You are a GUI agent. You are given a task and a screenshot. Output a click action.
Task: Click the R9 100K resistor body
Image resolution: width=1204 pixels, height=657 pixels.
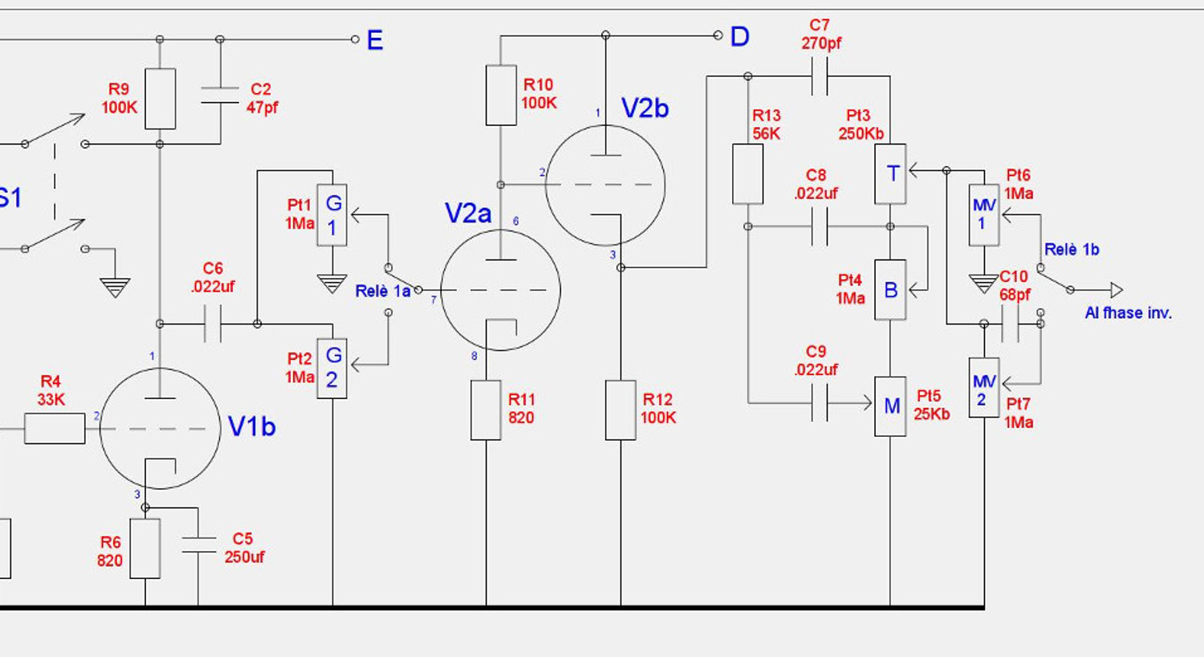(161, 99)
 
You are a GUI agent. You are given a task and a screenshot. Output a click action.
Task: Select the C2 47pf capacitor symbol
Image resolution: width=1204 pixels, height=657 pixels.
(220, 95)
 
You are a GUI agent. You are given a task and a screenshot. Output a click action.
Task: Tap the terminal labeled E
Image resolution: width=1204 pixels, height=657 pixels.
(355, 39)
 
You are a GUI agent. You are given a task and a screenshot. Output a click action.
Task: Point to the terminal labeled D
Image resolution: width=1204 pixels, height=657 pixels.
(718, 35)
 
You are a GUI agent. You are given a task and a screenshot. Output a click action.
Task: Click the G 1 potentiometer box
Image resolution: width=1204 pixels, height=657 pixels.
(332, 215)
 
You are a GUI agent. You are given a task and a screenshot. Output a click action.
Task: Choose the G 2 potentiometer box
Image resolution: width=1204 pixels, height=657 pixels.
(332, 369)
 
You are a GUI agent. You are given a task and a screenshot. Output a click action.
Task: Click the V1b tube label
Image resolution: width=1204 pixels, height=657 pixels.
(251, 426)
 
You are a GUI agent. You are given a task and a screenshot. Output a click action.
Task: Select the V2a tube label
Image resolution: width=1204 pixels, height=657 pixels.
(468, 214)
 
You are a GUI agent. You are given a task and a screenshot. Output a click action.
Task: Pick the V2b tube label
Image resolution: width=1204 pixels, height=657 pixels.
(645, 108)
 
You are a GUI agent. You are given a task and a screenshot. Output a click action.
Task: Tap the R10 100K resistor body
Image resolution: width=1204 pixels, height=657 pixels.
(501, 96)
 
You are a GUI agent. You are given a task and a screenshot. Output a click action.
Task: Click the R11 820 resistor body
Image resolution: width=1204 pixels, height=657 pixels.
(486, 410)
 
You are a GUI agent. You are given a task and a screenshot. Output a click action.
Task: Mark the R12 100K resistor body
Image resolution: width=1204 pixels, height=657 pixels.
(620, 410)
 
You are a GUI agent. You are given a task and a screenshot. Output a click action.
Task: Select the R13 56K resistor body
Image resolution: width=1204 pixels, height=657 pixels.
(747, 174)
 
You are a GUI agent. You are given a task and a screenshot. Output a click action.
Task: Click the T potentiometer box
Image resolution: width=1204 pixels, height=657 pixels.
(891, 174)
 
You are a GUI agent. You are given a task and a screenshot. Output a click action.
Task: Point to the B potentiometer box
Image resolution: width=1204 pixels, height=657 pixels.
(891, 290)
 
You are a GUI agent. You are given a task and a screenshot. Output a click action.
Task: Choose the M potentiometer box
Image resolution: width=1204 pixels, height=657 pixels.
(891, 406)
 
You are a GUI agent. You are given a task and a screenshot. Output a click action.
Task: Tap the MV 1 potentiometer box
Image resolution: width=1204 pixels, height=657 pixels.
(984, 215)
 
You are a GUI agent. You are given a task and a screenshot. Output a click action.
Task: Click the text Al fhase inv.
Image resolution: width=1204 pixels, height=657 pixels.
(1129, 313)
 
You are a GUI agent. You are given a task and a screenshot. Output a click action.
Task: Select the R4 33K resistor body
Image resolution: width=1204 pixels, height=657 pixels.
(55, 429)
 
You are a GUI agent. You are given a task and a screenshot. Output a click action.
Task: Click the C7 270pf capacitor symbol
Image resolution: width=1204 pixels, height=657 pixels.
(820, 76)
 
